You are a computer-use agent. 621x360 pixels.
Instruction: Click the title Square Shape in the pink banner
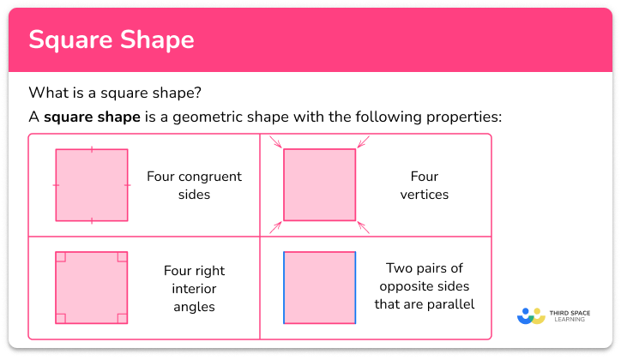point(112,39)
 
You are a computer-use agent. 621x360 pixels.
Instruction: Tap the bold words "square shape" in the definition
point(92,117)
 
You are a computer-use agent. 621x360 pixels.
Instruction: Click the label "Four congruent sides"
point(194,185)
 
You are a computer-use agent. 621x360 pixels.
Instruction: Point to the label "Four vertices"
point(425,185)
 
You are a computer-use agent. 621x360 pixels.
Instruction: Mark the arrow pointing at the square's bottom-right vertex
point(364,227)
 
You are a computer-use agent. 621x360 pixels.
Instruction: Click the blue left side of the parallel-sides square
point(284,287)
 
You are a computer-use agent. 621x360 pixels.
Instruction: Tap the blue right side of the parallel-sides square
point(355,287)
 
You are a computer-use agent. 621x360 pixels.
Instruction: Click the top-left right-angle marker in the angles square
point(61,257)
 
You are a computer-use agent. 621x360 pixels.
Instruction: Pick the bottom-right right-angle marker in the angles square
point(123,318)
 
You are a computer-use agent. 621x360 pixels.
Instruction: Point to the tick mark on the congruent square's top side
point(92,150)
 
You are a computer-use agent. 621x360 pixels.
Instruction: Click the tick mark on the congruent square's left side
point(56,185)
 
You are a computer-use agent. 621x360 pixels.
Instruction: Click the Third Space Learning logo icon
point(531,315)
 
